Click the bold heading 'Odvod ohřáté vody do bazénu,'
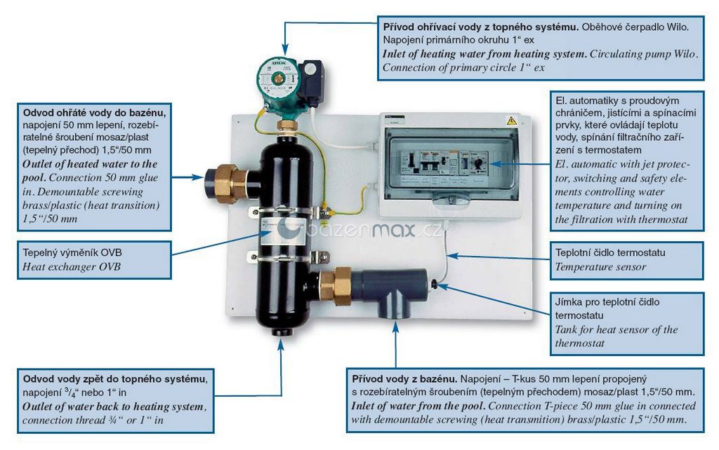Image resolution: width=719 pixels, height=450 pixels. click(x=94, y=112)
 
